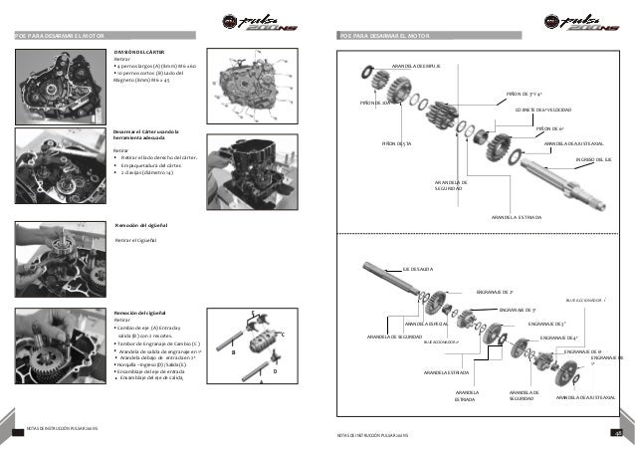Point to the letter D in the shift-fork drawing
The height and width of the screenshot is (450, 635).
274,371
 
